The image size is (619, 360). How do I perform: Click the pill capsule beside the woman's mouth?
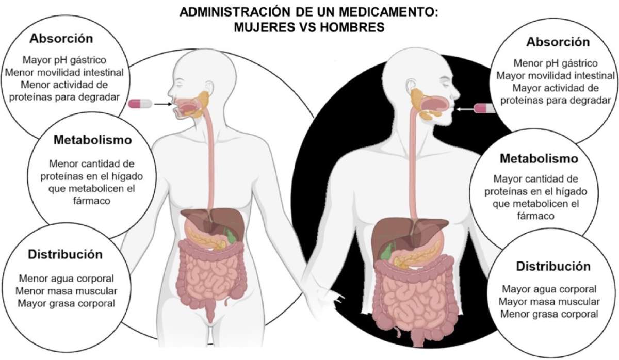click(140, 104)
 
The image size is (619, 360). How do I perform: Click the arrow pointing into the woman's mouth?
click(162, 104)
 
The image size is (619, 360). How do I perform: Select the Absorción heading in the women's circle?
click(61, 39)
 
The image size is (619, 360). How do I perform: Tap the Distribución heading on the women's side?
click(65, 254)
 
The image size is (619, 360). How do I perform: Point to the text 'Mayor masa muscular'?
click(550, 301)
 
